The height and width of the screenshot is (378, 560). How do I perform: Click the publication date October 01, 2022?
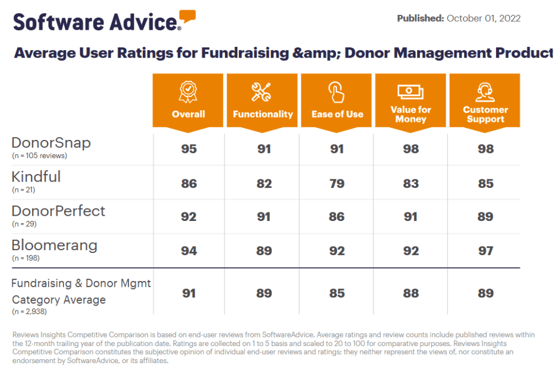pos(483,18)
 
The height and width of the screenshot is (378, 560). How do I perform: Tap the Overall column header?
pos(188,114)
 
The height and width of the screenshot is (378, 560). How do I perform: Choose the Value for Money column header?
pos(410,114)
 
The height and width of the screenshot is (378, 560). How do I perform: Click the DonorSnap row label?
pos(51,143)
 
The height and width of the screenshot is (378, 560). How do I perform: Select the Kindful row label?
pos(36,177)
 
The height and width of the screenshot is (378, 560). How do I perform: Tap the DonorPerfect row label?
pos(58,211)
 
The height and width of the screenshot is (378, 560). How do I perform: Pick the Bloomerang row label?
pos(54,246)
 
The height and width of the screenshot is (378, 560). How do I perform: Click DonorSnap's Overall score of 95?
pos(189,149)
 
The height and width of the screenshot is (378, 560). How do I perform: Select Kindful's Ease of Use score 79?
pos(337,183)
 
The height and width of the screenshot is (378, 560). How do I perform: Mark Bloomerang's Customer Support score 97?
pos(485,251)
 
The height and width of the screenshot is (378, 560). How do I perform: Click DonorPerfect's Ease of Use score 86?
pos(337,217)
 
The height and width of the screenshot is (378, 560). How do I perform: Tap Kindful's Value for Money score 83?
pos(410,183)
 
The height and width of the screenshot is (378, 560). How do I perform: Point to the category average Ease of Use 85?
pos(337,293)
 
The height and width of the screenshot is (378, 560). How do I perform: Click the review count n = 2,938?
pos(29,312)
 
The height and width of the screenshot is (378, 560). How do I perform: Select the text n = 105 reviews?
pos(39,155)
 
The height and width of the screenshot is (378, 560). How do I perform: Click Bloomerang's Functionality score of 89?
pos(262,251)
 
